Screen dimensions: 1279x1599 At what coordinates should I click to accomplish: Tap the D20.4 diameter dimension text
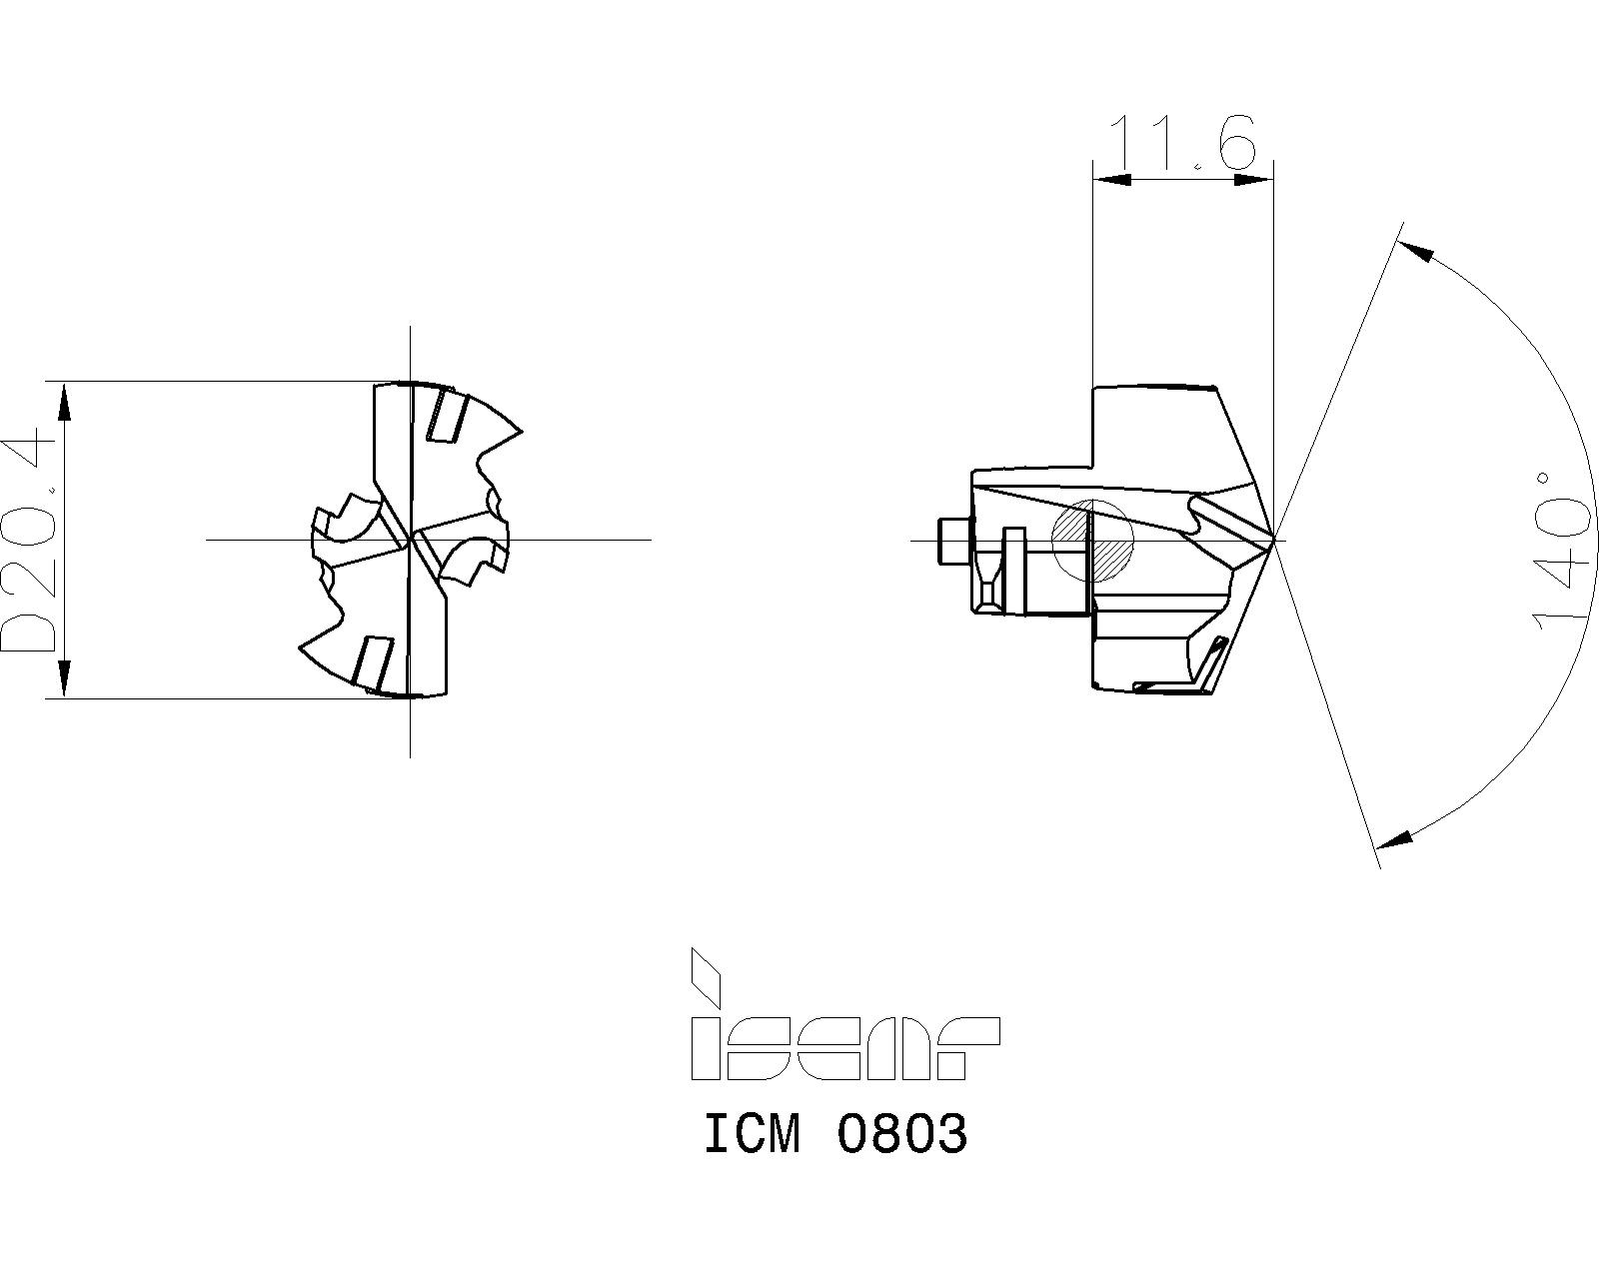29,541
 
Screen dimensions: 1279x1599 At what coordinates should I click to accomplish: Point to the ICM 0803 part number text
835,1134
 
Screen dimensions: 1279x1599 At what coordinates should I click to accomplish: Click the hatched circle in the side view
1094,540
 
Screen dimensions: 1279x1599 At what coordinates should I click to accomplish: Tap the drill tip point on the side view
1274,540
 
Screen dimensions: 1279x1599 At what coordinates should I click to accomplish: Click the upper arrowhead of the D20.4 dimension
65,401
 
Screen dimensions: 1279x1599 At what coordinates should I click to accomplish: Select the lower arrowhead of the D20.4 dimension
65,679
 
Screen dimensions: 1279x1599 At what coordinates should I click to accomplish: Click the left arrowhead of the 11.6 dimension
1112,180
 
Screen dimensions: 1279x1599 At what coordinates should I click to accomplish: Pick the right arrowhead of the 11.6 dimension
1255,180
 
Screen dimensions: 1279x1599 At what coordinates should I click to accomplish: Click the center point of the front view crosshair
410,540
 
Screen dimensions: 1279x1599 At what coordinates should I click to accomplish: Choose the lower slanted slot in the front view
374,662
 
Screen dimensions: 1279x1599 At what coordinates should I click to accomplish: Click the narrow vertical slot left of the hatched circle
1013,568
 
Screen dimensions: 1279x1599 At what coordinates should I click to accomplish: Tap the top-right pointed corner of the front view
521,432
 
